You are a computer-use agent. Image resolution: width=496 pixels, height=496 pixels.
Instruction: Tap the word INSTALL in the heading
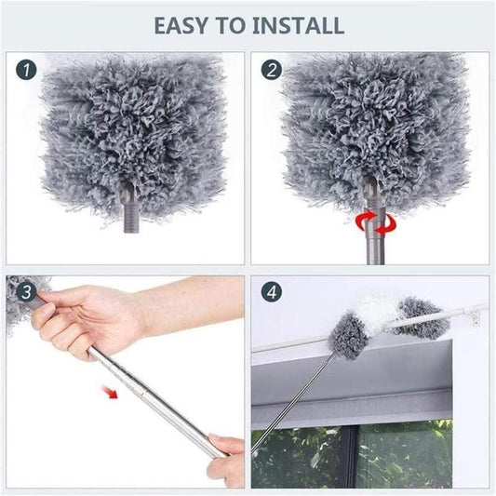pos(299,24)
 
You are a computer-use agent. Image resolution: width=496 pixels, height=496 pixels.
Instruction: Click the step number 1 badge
pos(28,70)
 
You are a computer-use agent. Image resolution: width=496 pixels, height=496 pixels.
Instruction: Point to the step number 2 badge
pos(272,70)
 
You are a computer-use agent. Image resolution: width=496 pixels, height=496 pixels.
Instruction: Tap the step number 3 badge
pos(27,292)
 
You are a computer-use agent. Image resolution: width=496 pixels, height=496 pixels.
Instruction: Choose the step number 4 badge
pos(272,292)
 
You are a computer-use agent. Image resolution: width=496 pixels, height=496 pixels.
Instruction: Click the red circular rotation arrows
pos(376,221)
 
